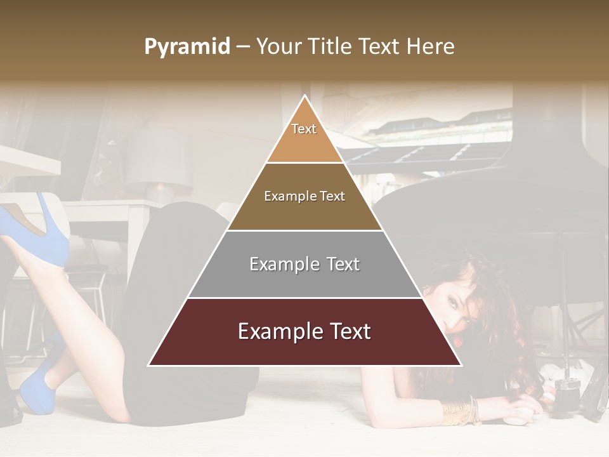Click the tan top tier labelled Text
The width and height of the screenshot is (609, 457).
tap(304, 136)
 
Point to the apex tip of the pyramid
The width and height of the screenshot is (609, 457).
tap(305, 96)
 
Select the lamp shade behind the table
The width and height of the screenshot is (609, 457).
tap(159, 162)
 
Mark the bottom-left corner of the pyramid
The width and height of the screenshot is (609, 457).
tap(149, 365)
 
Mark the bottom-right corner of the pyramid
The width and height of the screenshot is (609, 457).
tap(461, 365)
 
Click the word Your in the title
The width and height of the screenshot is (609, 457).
tap(277, 46)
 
